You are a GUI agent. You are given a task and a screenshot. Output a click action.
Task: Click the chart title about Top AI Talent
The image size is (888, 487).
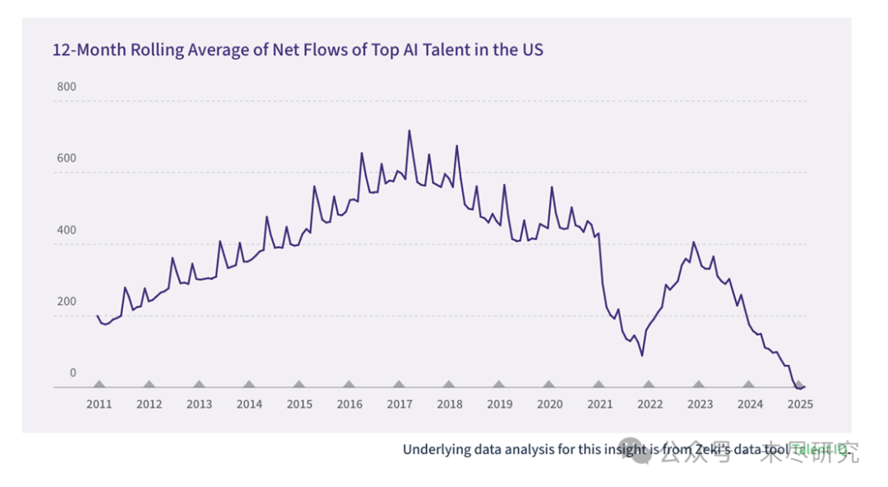coord(298,50)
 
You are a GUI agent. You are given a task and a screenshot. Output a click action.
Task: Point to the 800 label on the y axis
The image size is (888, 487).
coord(67,87)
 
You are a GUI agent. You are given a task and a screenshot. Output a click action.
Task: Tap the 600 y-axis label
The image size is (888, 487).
coord(67,159)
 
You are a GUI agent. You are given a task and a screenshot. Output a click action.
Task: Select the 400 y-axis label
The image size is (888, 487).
coord(67,230)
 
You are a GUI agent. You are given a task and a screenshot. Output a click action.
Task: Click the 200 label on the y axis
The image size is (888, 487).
coord(67,302)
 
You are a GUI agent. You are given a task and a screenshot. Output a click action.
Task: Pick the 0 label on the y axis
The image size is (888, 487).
coord(72,373)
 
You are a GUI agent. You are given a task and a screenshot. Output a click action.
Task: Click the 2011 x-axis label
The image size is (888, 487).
coord(99,404)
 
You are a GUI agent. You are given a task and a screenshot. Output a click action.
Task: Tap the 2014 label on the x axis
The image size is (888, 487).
coord(249,404)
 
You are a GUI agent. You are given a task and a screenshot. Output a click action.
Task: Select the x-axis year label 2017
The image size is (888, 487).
coord(400,404)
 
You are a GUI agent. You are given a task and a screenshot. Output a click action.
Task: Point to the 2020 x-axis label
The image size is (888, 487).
coord(549,404)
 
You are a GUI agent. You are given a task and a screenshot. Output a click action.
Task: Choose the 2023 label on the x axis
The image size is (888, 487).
coord(700,404)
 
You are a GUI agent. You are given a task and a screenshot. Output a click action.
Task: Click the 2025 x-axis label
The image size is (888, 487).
coord(800,404)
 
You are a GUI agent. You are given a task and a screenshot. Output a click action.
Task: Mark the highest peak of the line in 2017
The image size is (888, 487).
coord(409,130)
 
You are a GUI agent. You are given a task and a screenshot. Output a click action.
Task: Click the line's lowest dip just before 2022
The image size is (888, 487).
coord(642,355)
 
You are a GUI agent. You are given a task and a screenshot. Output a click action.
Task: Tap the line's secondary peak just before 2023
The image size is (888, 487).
coord(694,242)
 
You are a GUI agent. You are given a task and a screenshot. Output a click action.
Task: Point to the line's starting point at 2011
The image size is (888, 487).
coord(97,316)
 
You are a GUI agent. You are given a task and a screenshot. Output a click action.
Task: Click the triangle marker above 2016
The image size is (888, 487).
coord(349,384)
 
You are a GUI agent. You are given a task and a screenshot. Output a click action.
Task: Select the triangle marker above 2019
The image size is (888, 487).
coord(499,384)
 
